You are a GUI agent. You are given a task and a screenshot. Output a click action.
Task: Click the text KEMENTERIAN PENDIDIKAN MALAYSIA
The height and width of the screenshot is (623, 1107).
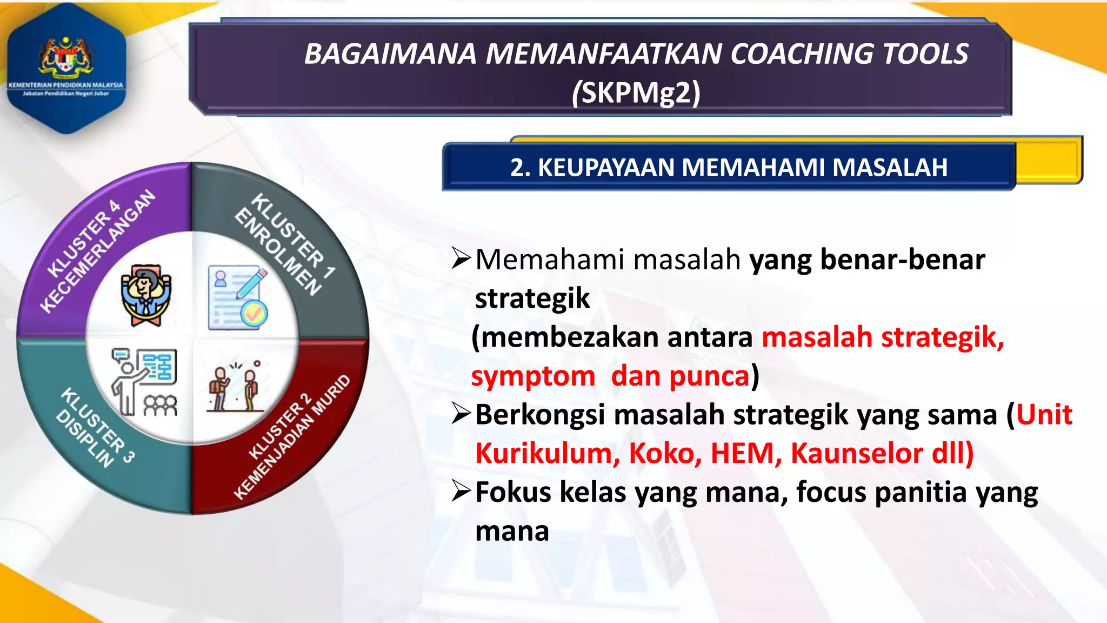(x=66, y=85)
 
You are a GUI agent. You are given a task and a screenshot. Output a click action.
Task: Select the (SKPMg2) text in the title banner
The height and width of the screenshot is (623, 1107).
(x=636, y=92)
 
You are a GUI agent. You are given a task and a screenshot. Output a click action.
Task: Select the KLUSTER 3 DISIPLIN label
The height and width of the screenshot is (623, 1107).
(x=95, y=427)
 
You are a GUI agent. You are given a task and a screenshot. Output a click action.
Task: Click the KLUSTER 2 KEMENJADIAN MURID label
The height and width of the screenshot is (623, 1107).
(x=292, y=438)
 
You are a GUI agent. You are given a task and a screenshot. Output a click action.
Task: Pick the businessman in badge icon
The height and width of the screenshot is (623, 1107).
(x=145, y=295)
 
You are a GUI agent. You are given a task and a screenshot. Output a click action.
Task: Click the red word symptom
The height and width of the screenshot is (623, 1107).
(x=533, y=376)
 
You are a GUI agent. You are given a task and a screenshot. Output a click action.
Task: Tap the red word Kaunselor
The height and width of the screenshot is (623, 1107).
(x=856, y=453)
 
